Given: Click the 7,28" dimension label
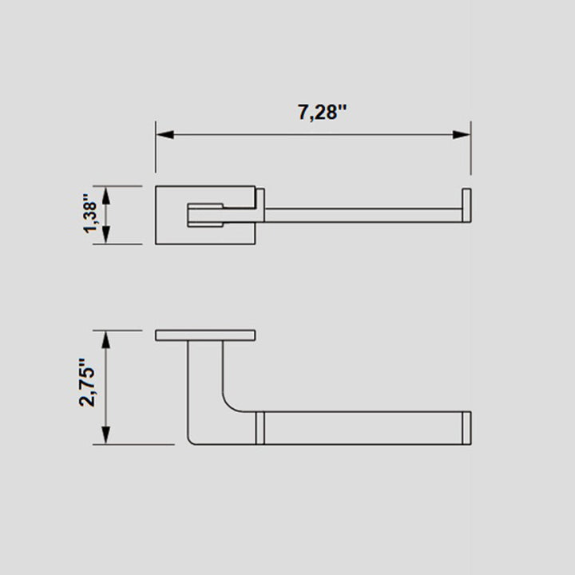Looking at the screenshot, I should pyautogui.click(x=323, y=113).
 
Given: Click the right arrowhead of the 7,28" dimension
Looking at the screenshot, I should pyautogui.click(x=462, y=134).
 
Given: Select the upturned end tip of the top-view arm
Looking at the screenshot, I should pyautogui.click(x=466, y=204).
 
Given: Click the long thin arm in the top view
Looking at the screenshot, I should pyautogui.click(x=359, y=215).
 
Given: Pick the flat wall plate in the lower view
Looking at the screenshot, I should pyautogui.click(x=206, y=335).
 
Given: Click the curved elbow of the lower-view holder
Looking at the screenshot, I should pyautogui.click(x=230, y=403).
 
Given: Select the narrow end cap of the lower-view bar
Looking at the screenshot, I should pyautogui.click(x=466, y=428).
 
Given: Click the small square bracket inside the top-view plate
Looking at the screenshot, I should pyautogui.click(x=204, y=215).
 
